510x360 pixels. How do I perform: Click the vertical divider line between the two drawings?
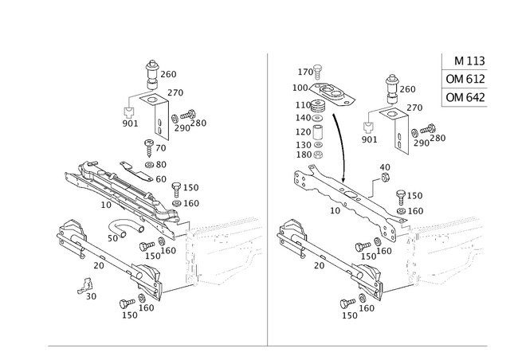[x=265, y=199]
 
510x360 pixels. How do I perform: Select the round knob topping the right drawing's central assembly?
[x=391, y=80]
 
